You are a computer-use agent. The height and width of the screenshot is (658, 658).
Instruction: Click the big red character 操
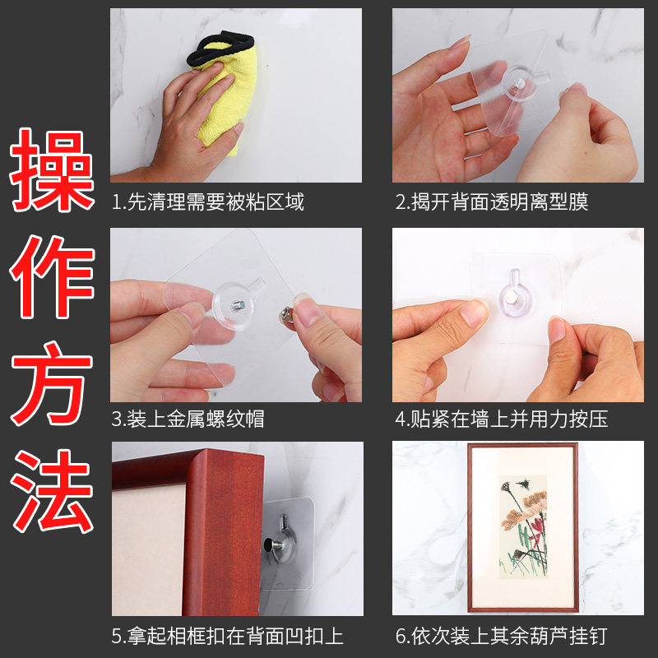point(51,170)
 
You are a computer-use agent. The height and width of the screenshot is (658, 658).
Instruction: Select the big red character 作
point(52,277)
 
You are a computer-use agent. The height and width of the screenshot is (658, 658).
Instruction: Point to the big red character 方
point(52,383)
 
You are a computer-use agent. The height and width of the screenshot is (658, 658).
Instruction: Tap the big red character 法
point(52,491)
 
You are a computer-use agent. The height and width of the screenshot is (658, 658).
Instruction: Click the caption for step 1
point(208,202)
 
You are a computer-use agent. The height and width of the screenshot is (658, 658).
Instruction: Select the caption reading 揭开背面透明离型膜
point(492,202)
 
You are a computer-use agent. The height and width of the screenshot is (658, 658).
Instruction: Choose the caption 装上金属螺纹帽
point(188,419)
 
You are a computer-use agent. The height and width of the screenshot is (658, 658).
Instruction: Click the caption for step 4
point(502,419)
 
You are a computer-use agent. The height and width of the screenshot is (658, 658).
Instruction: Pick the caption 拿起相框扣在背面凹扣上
point(228,636)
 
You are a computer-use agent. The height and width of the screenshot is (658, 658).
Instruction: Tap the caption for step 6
point(502,636)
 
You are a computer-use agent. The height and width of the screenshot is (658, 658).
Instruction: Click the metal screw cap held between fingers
point(287,315)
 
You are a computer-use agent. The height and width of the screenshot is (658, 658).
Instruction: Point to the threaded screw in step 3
point(238,304)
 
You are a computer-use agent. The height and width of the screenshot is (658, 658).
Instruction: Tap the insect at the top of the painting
point(523,484)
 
